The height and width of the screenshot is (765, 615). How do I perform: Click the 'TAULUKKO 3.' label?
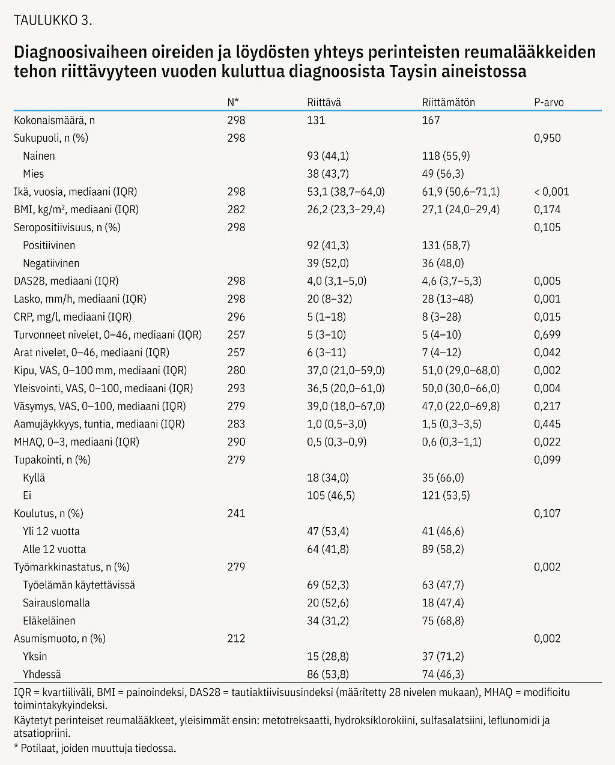pos(53,20)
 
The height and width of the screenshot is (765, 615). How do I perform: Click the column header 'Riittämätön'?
pos(448,102)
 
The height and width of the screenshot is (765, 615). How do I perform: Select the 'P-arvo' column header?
pos(548,102)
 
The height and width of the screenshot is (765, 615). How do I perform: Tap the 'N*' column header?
pos(233,102)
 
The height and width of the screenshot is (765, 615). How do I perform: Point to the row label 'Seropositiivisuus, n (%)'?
pos(67,228)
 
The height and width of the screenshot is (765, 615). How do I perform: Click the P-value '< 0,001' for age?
pos(551,192)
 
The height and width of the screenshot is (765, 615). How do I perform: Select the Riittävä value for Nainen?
pos(328,156)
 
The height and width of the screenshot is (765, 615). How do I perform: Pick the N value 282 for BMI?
pos(236,210)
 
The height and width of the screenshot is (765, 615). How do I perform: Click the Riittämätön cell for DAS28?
pos(452,281)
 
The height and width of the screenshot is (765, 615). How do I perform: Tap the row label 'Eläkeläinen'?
pos(49,621)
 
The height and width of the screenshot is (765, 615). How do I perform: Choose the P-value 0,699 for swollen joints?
pos(547,335)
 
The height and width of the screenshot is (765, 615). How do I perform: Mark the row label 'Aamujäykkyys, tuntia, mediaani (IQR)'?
pos(99,424)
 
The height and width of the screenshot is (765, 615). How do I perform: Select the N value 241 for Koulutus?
pos(236,513)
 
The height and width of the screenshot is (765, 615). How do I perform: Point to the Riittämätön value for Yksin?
pos(443,656)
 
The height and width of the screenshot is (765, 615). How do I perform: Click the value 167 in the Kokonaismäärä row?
pos(431,120)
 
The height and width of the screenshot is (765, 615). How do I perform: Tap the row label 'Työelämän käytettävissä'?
pos(79,585)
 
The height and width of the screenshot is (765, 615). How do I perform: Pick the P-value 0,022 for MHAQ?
pos(547,442)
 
